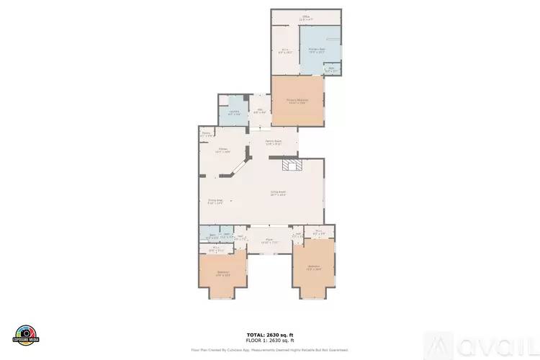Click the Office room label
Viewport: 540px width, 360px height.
pos(305,17)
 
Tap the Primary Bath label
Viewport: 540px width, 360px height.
pos(317,50)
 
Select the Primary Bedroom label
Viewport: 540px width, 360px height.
pos(297,102)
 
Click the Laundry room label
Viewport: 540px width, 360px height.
pos(234,112)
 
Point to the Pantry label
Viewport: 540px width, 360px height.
pos(206,134)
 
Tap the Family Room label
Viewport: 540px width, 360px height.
pos(272,142)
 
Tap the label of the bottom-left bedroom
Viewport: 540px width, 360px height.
pos(222,273)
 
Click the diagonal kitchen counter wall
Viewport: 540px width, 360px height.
pos(235,170)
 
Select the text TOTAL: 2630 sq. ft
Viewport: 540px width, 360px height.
pos(270,335)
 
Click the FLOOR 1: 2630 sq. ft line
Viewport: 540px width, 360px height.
pos(270,341)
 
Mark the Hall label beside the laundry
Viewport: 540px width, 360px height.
pos(260,112)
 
